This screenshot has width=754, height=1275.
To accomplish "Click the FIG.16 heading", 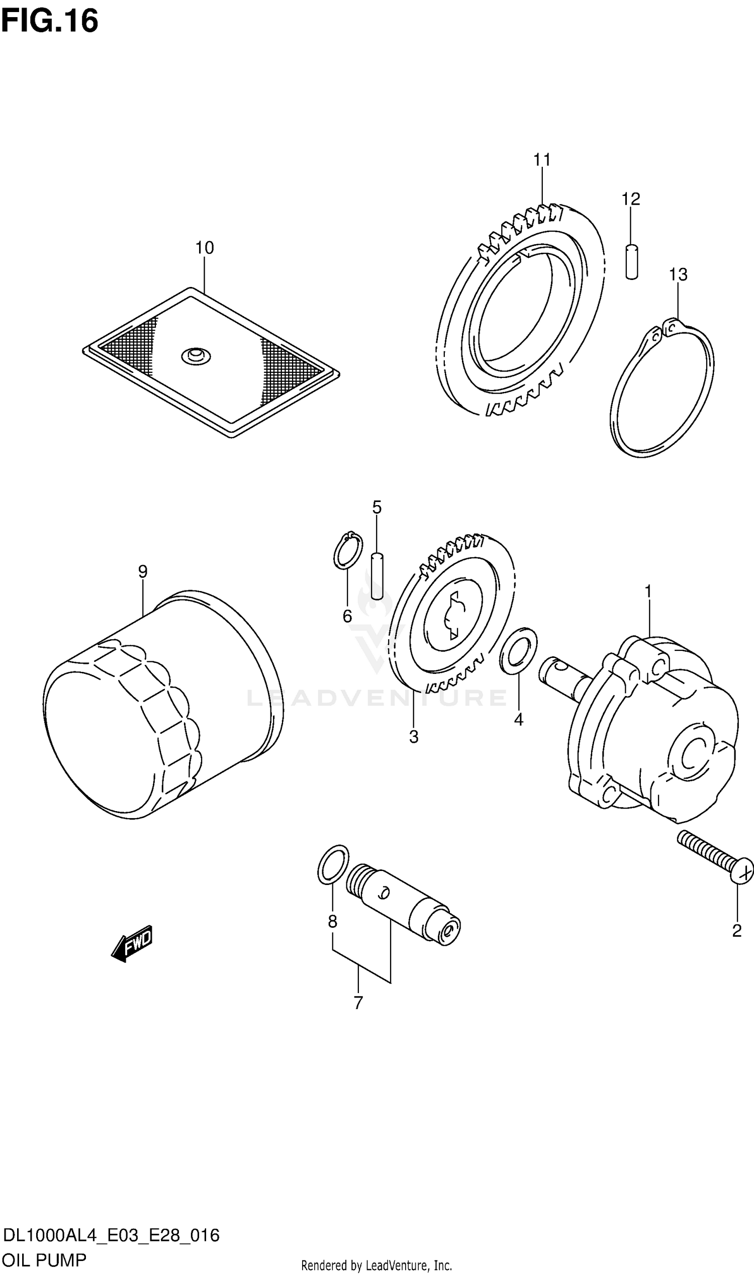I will tap(49, 21).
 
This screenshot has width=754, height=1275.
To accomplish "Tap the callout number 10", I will tap(205, 248).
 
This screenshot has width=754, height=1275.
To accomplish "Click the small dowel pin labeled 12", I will tap(631, 262).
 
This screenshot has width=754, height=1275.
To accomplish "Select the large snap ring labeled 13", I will tap(662, 388).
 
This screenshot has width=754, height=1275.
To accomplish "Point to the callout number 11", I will tap(541, 160).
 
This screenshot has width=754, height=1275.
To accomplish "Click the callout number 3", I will tap(414, 737).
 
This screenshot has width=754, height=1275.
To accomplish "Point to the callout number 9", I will tap(143, 571).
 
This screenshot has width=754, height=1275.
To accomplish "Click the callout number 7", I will tap(358, 1003).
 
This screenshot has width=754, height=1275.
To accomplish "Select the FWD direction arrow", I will tap(132, 943).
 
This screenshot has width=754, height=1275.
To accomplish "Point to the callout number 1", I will tap(648, 592).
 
